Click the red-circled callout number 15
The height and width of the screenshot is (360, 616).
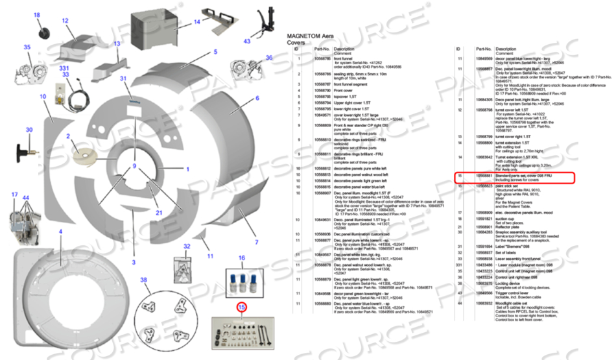click(241, 307)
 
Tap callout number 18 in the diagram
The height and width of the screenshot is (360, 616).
click(36, 15)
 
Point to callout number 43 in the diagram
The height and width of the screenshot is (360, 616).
click(247, 41)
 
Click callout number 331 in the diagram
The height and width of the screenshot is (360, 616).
click(64, 68)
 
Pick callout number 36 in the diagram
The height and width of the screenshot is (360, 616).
click(269, 58)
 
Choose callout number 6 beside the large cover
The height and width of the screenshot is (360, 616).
click(257, 98)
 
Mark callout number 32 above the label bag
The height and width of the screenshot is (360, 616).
click(187, 246)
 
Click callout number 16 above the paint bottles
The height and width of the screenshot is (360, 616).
click(242, 258)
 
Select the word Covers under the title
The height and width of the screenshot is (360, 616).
click(296, 43)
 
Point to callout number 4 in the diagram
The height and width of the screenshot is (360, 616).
click(60, 232)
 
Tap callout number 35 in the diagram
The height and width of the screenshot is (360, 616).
click(27, 47)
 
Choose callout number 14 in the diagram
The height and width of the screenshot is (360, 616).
click(197, 21)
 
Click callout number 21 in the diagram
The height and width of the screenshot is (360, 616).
click(158, 212)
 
